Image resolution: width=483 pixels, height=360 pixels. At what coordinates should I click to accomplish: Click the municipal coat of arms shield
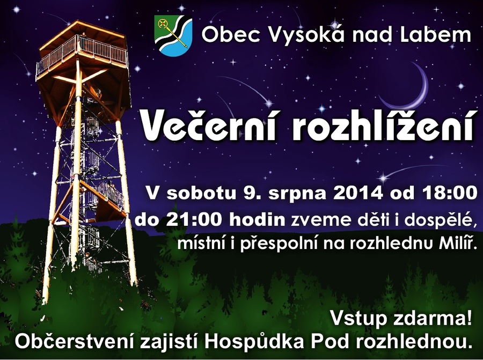173,36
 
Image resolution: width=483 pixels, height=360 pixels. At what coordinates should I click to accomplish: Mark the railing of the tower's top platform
82,55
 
